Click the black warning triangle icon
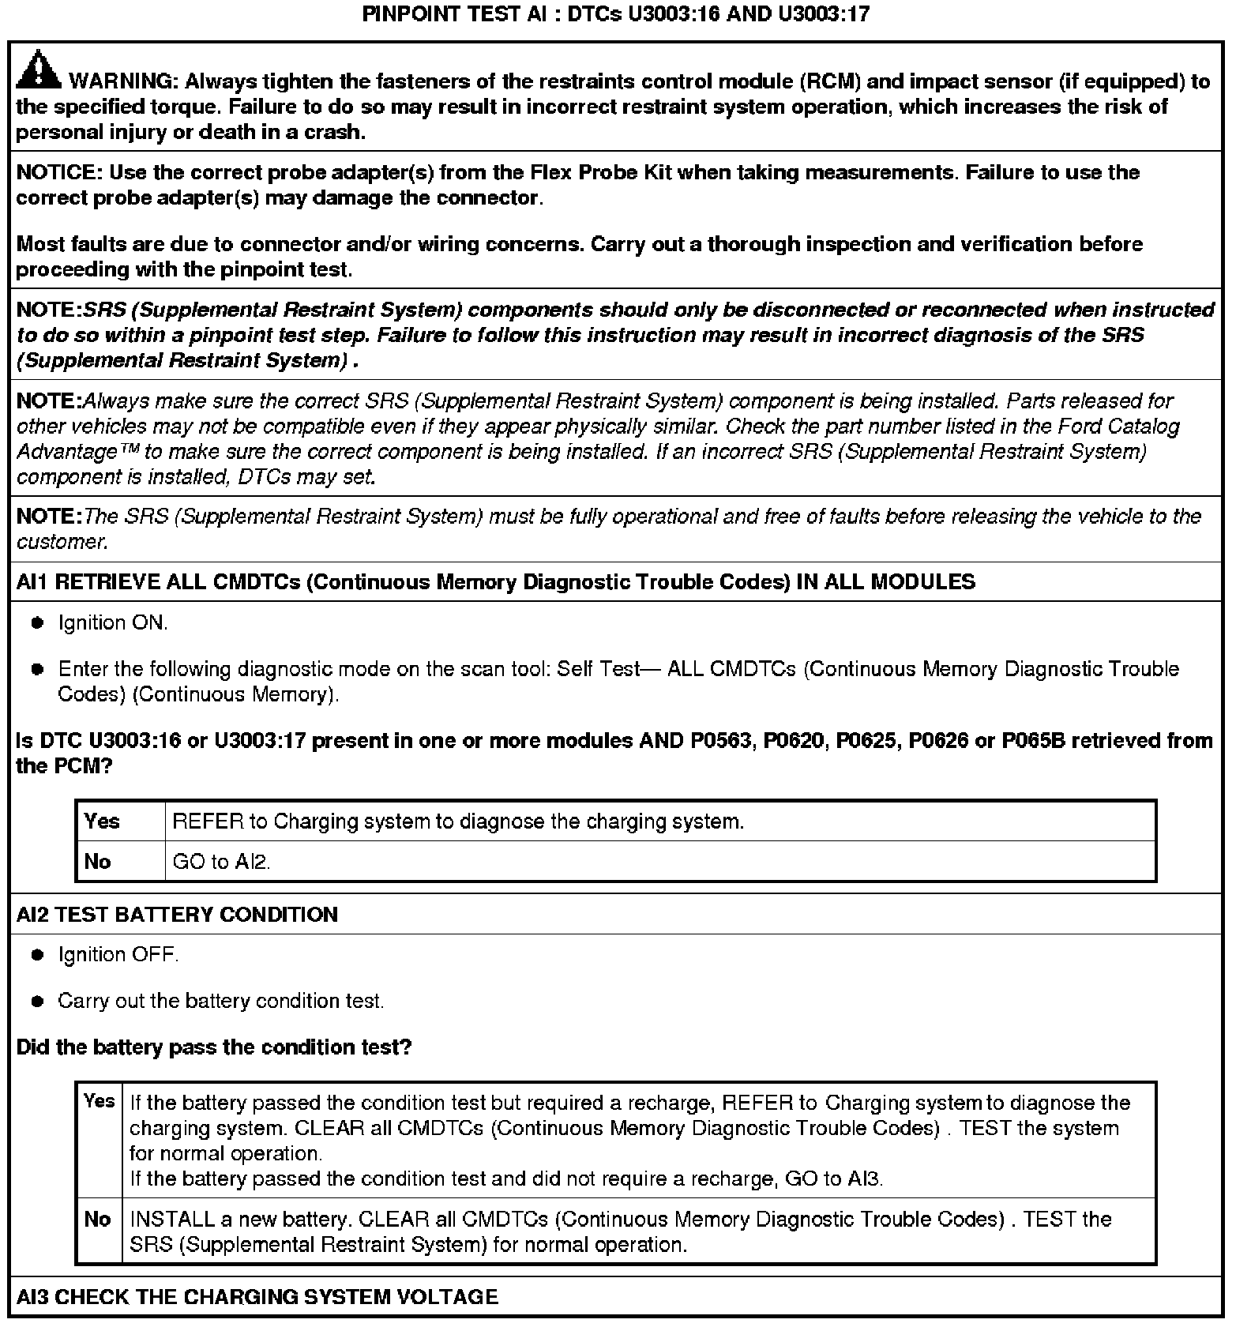click(x=38, y=70)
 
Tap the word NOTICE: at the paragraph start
click(x=59, y=173)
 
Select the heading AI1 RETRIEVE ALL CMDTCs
click(x=495, y=582)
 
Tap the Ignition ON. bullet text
click(x=113, y=623)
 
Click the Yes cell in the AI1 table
click(x=102, y=821)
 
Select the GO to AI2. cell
click(x=221, y=862)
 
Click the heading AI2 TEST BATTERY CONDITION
click(x=177, y=915)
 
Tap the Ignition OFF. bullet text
click(x=118, y=955)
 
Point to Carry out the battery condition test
click(x=221, y=1001)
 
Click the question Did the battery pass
click(x=214, y=1047)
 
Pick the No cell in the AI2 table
click(x=97, y=1220)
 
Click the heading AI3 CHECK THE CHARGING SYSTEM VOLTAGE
click(x=257, y=1297)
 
